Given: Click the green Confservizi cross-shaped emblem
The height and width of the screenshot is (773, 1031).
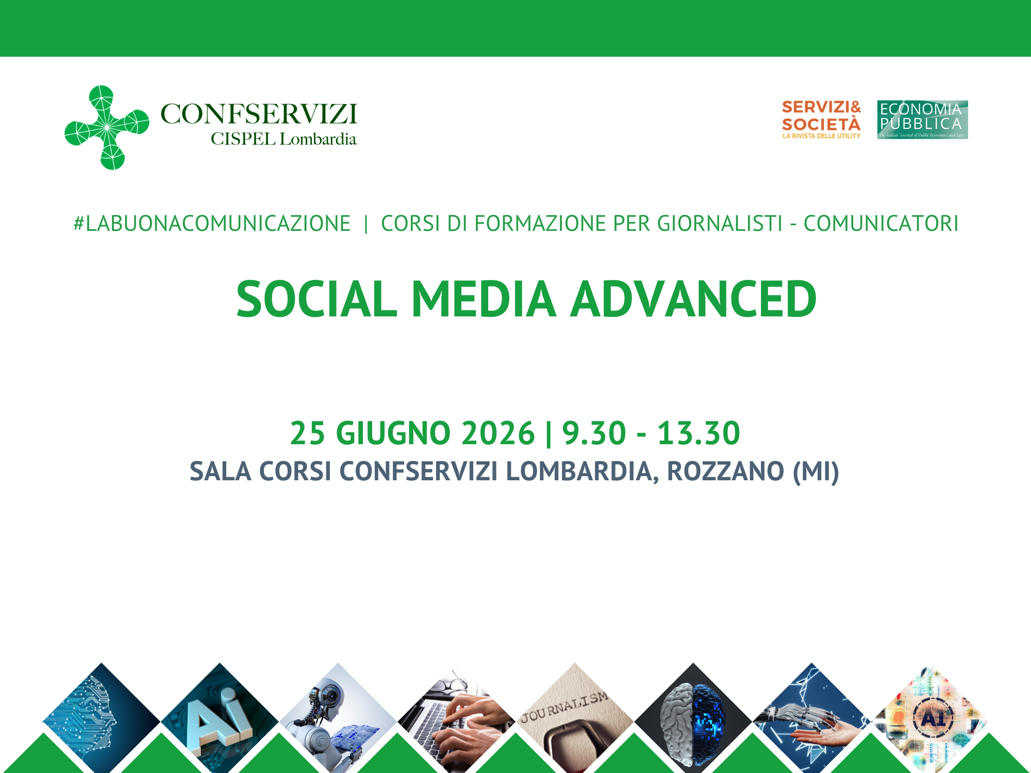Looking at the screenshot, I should click(107, 127).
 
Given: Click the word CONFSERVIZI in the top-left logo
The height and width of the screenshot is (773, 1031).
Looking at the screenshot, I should click(259, 114).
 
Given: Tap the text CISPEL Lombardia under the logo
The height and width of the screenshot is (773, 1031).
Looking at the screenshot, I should click(283, 139).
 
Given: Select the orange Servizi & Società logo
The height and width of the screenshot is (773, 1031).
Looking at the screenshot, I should click(821, 120).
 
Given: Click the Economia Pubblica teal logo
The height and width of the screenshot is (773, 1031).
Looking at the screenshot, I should click(922, 120).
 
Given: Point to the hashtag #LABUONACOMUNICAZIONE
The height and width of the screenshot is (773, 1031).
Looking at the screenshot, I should click(212, 224).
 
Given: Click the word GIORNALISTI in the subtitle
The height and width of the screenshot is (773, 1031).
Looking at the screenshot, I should click(720, 224).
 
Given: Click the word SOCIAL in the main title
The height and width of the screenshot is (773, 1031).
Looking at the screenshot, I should click(317, 299).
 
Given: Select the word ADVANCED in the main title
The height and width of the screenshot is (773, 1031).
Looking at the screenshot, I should click(693, 299).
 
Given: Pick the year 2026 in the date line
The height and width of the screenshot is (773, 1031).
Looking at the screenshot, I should click(498, 433).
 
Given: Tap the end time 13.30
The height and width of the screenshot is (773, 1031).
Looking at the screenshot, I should click(699, 433).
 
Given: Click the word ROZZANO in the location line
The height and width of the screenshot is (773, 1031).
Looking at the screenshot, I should click(725, 471).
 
